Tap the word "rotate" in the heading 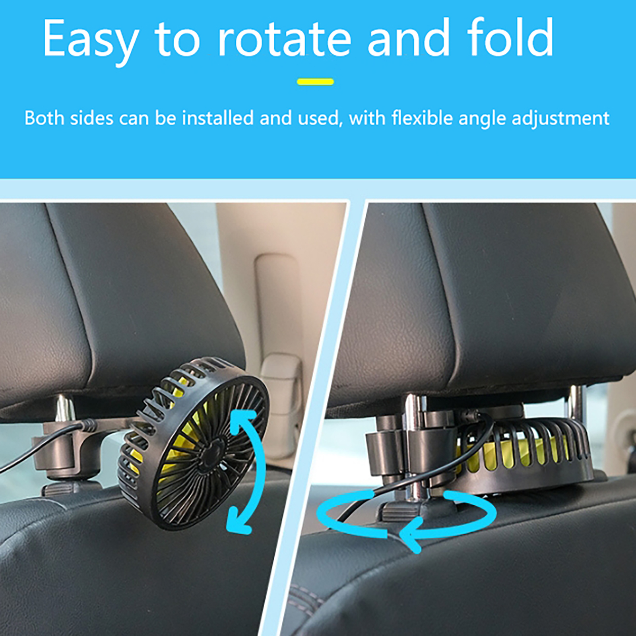tap(285, 39)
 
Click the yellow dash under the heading tap(315, 82)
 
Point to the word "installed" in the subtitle tap(218, 118)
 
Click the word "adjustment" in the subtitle tap(560, 119)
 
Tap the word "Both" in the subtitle tap(44, 118)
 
